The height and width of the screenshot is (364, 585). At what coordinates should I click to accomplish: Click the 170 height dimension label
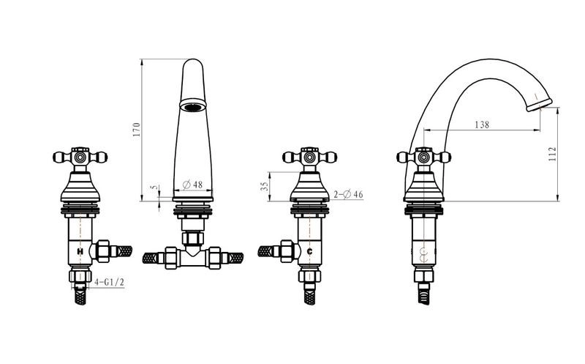tap(137, 130)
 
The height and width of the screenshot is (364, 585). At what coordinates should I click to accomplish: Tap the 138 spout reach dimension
tap(482, 125)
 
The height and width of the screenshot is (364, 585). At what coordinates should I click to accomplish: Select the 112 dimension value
tap(553, 154)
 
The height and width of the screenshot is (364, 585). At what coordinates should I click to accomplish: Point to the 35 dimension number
tap(265, 186)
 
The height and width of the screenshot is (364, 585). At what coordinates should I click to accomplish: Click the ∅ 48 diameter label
tap(192, 185)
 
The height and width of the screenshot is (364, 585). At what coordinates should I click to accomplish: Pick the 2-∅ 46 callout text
tap(348, 194)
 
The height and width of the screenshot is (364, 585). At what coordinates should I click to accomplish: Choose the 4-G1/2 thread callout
tap(109, 282)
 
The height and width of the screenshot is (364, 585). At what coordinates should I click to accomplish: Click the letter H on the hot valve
tap(80, 251)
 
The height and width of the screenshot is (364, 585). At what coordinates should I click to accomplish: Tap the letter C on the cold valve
tap(309, 251)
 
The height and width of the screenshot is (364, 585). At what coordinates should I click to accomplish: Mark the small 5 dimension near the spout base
tap(156, 187)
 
